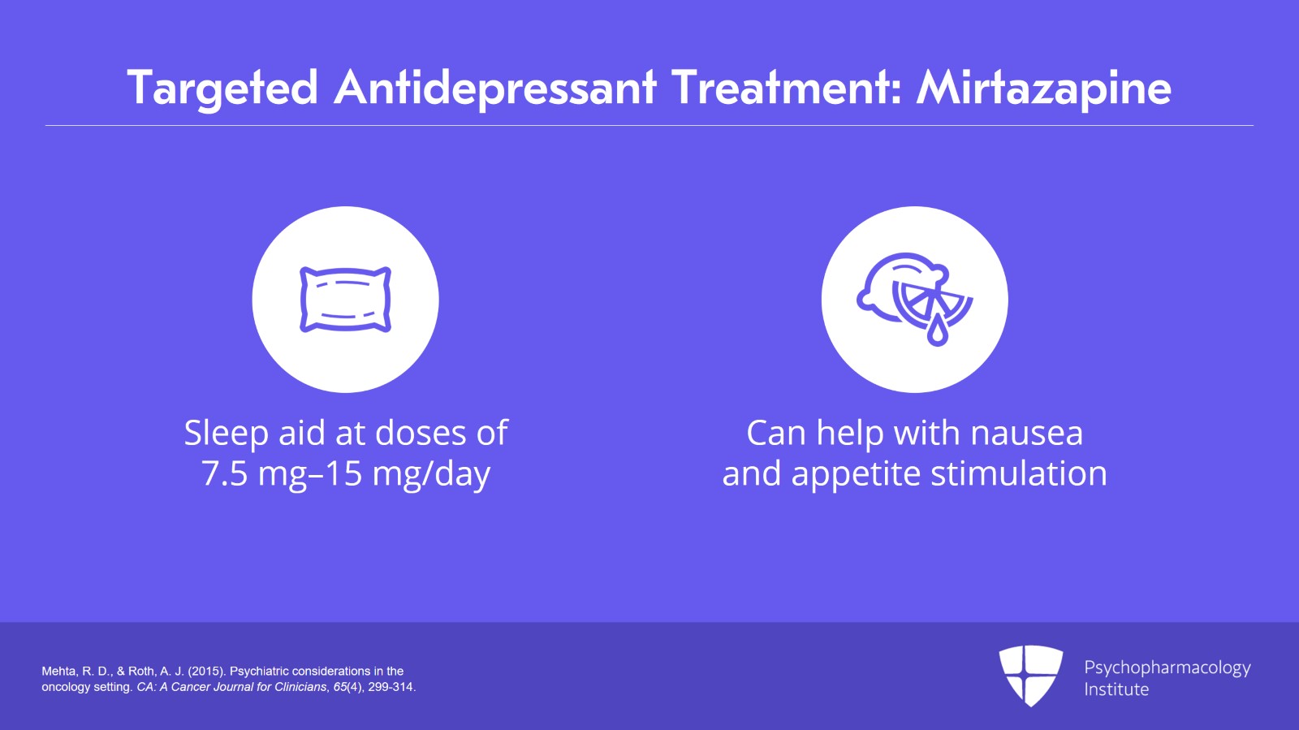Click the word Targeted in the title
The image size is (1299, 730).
pyautogui.click(x=222, y=88)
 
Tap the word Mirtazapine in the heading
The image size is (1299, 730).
pyautogui.click(x=1044, y=88)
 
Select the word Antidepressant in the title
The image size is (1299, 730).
pyautogui.click(x=495, y=88)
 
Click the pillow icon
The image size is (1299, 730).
pyautogui.click(x=346, y=300)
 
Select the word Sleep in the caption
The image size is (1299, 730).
pyautogui.click(x=226, y=434)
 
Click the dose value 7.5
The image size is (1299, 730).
pyautogui.click(x=224, y=473)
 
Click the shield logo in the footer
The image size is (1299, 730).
pyautogui.click(x=1030, y=675)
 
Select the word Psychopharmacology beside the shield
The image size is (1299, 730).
pyautogui.click(x=1167, y=667)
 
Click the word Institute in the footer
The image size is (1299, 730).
pyautogui.click(x=1116, y=689)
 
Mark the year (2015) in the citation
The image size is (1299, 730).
pyautogui.click(x=206, y=672)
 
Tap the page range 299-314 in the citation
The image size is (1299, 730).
pyautogui.click(x=391, y=687)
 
